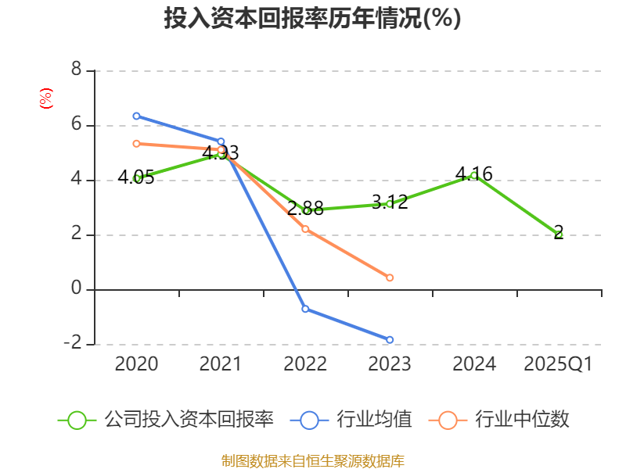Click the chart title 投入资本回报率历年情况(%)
312,19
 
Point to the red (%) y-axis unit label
46,98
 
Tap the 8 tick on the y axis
76,70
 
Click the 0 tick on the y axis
76,289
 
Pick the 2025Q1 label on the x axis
558,364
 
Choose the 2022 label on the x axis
305,364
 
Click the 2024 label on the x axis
474,364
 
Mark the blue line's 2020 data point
136,116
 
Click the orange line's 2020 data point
136,143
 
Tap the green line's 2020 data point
136,178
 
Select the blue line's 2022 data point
305,309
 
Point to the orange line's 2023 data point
390,277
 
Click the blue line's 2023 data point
390,340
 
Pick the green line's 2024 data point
474,175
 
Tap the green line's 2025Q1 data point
559,234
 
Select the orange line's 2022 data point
305,229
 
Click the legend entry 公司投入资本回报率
165,420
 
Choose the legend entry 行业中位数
498,420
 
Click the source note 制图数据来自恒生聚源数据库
312,460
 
